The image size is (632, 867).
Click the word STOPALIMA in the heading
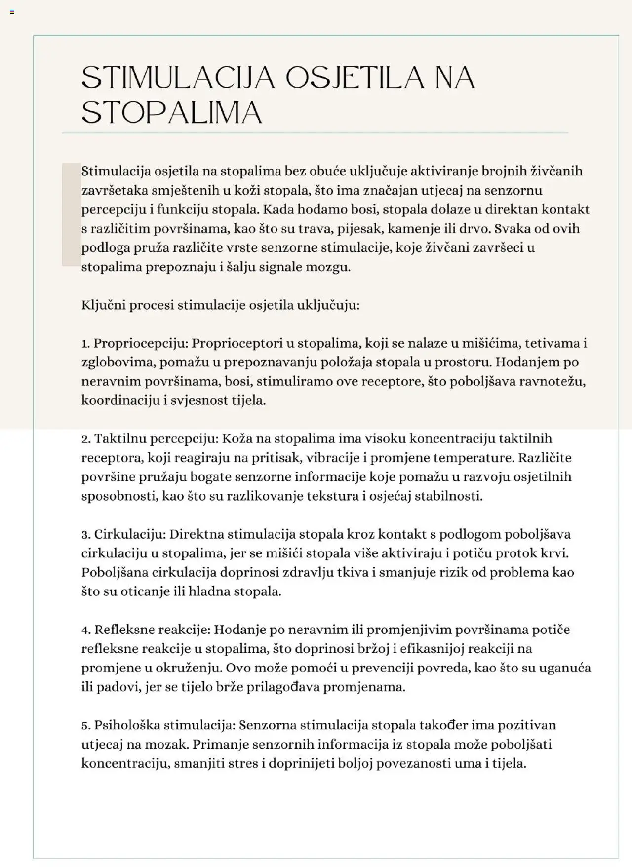coord(171,113)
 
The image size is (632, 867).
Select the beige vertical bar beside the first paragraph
coord(71,214)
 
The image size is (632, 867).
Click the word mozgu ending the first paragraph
coord(328,267)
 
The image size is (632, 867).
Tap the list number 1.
coord(85,344)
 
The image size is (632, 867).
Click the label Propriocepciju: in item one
coord(140,344)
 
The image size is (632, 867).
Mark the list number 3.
coord(85,535)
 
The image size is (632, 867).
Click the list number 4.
coord(85,630)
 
